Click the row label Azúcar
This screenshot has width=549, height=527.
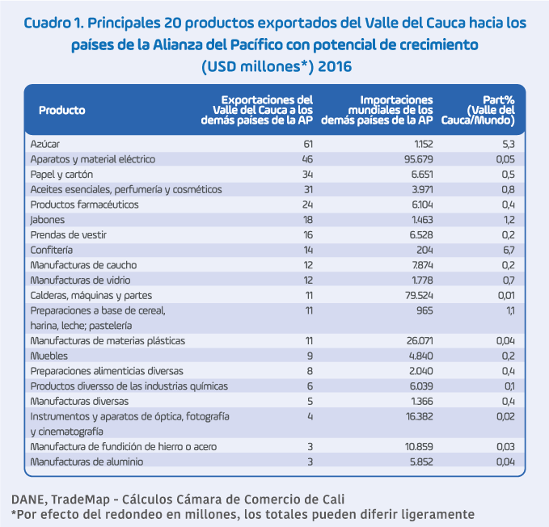(44, 144)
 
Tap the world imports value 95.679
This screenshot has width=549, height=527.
(416, 159)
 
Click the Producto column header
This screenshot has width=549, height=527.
(61, 111)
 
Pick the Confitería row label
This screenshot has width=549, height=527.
(51, 251)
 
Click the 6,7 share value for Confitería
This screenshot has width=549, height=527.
(509, 251)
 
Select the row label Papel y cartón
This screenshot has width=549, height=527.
(61, 175)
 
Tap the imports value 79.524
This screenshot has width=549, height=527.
(416, 295)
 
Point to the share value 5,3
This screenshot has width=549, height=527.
(509, 144)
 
